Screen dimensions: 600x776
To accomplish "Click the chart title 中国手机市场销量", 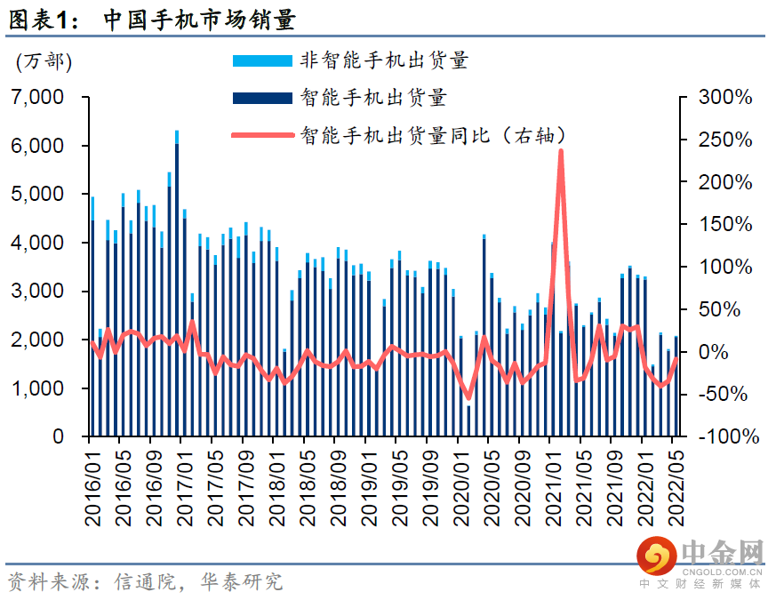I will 199,18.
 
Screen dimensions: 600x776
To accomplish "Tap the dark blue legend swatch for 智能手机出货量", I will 261,98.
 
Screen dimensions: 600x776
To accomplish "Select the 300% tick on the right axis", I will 724,97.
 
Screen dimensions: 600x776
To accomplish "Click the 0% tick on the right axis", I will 734,352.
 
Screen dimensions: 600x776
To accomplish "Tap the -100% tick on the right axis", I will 727,437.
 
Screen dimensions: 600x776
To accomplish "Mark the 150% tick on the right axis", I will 724,224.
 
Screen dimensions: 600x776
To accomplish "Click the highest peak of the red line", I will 561,151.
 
